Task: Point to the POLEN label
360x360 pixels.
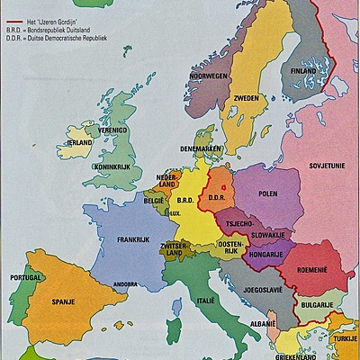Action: tap(268, 193)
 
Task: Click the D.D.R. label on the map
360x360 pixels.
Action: tap(216, 196)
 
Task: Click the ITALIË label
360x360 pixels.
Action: tap(207, 299)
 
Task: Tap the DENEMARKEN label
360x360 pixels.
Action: tap(200, 148)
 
